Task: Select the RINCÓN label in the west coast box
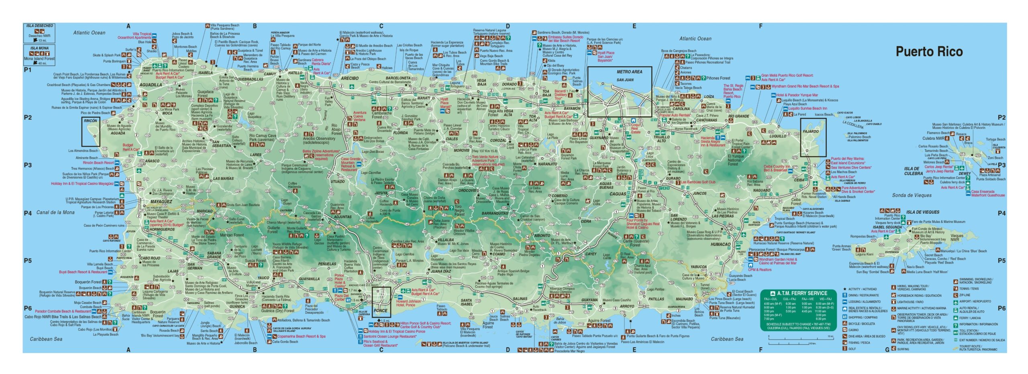[x=90, y=121]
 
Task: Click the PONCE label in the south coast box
[x=380, y=311]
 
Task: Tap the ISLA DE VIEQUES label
[x=922, y=212]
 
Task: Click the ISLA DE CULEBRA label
[x=913, y=171]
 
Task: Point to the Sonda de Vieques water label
[x=912, y=195]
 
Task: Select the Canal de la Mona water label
[x=55, y=213]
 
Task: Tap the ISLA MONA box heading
[x=39, y=48]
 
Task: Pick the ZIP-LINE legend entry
[x=965, y=295]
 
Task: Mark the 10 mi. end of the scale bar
[x=827, y=336]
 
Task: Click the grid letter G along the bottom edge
[x=887, y=349]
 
